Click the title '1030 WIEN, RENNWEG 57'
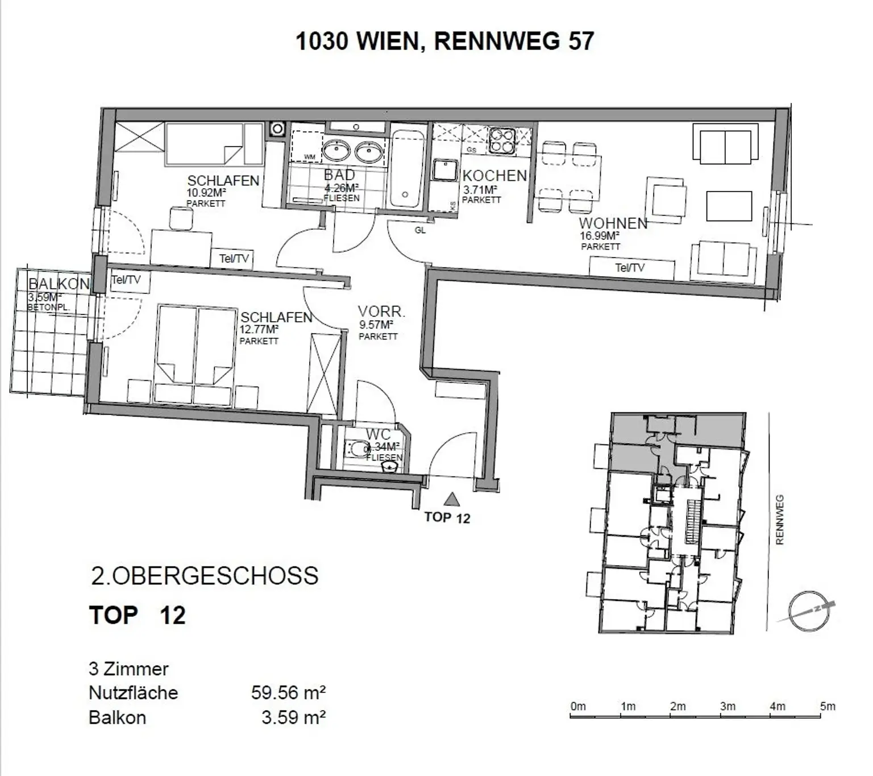pyautogui.click(x=445, y=42)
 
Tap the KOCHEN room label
pyautogui.click(x=494, y=176)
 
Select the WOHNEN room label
pyautogui.click(x=613, y=223)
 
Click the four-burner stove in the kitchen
pyautogui.click(x=502, y=140)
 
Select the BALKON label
pyautogui.click(x=59, y=284)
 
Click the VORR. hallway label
pyautogui.click(x=381, y=312)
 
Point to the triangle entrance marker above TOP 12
pyautogui.click(x=452, y=499)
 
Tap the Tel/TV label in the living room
pyautogui.click(x=630, y=268)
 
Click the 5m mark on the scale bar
pyautogui.click(x=828, y=707)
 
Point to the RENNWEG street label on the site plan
pyautogui.click(x=779, y=520)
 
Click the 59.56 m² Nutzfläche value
pyautogui.click(x=288, y=692)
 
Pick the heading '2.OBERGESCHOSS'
pyautogui.click(x=205, y=576)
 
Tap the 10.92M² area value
pyautogui.click(x=206, y=193)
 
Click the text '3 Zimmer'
pyautogui.click(x=128, y=669)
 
